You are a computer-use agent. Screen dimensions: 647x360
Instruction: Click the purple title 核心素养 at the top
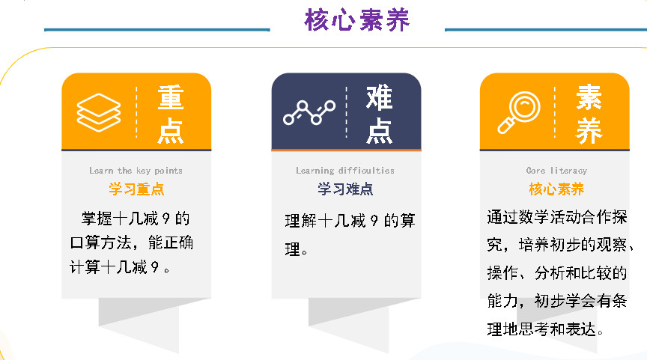click(x=357, y=19)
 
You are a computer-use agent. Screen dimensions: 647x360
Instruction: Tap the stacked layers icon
click(x=99, y=112)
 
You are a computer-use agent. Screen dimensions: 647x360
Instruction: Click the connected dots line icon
click(x=309, y=112)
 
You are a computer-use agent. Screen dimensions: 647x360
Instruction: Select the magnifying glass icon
click(x=519, y=112)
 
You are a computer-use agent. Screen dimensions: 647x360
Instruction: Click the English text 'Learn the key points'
click(x=136, y=171)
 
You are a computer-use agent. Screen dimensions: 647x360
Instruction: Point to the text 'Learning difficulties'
click(x=345, y=171)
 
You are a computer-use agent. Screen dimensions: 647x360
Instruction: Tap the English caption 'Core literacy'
click(x=556, y=171)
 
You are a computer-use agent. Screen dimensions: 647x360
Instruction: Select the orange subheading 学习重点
click(x=136, y=189)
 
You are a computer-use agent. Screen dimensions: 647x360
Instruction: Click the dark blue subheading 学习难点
click(x=345, y=189)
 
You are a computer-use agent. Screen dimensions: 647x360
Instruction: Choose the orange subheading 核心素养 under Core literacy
click(x=556, y=189)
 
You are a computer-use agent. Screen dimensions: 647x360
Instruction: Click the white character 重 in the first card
click(x=171, y=98)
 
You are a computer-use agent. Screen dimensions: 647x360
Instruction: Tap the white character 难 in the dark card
click(x=379, y=98)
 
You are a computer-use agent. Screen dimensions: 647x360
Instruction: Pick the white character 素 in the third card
click(x=589, y=98)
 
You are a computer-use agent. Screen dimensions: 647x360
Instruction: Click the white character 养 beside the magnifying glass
click(x=589, y=131)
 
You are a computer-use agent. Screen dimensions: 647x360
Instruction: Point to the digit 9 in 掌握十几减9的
click(x=166, y=219)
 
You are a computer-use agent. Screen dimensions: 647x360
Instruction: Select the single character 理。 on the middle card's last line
click(x=296, y=249)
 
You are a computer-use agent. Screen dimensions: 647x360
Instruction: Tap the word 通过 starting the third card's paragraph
click(x=502, y=217)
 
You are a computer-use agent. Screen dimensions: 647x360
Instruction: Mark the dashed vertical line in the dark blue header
click(x=346, y=112)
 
